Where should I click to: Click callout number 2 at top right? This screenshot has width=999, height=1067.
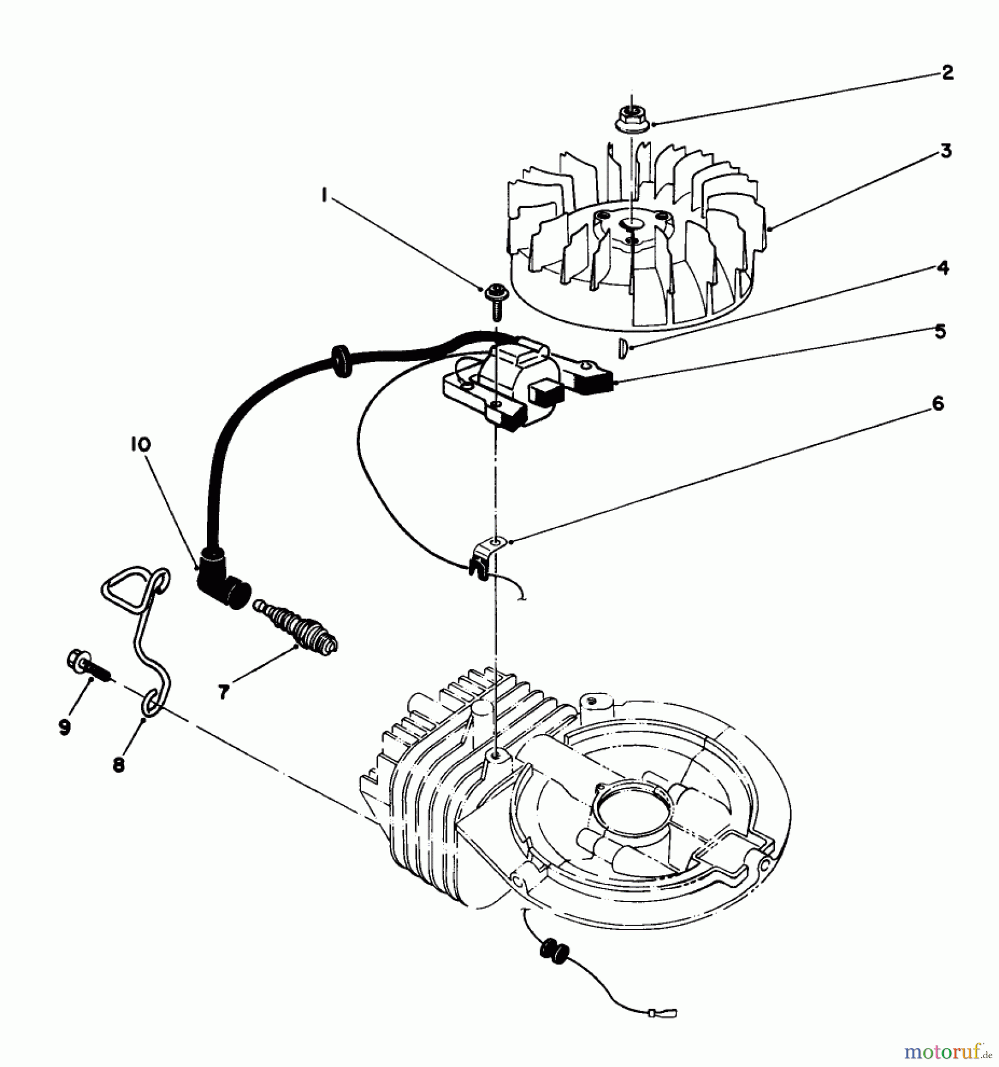[947, 73]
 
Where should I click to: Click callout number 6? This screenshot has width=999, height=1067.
[937, 404]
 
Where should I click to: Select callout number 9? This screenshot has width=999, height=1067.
[64, 727]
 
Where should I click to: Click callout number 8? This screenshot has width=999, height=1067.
[119, 765]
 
